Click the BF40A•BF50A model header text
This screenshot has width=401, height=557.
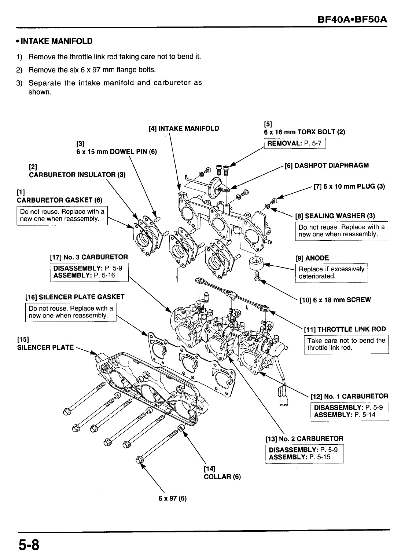tap(353, 18)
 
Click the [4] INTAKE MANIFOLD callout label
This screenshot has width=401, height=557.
tap(184, 128)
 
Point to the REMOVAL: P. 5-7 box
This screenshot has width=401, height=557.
tap(294, 143)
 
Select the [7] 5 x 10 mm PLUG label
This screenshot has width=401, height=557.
tap(349, 186)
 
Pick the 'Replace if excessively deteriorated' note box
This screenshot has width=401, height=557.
tap(331, 273)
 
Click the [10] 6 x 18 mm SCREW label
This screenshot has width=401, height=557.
tap(335, 300)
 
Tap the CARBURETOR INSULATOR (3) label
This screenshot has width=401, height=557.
tap(77, 175)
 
